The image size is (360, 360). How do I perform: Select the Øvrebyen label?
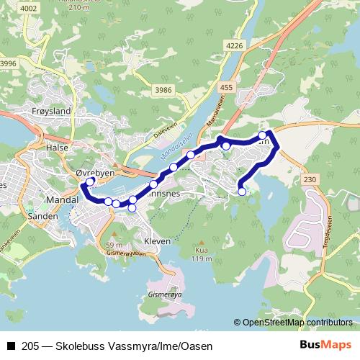[95, 173]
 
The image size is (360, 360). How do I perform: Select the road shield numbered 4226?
[235, 45]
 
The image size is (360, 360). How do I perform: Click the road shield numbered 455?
[228, 88]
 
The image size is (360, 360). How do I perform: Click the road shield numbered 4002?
[29, 8]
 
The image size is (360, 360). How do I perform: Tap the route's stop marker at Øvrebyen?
[90, 181]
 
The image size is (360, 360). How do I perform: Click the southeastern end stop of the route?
[242, 192]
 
